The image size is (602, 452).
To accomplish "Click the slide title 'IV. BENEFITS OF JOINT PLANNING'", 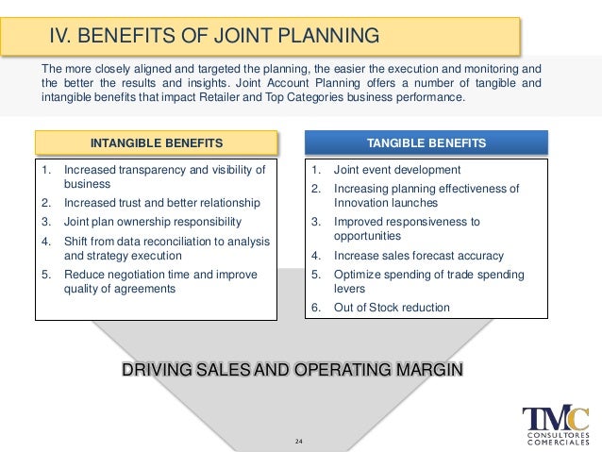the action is [214, 37].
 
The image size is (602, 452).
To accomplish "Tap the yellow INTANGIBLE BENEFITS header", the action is [157, 143].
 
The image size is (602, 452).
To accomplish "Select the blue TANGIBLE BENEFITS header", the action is [426, 143].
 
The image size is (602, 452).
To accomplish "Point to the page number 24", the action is [300, 441].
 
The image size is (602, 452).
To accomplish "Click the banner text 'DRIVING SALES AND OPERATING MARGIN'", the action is [293, 369].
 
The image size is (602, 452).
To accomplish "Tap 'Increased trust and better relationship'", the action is [161, 204].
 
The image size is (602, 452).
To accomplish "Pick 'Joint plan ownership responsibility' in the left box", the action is [152, 222].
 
